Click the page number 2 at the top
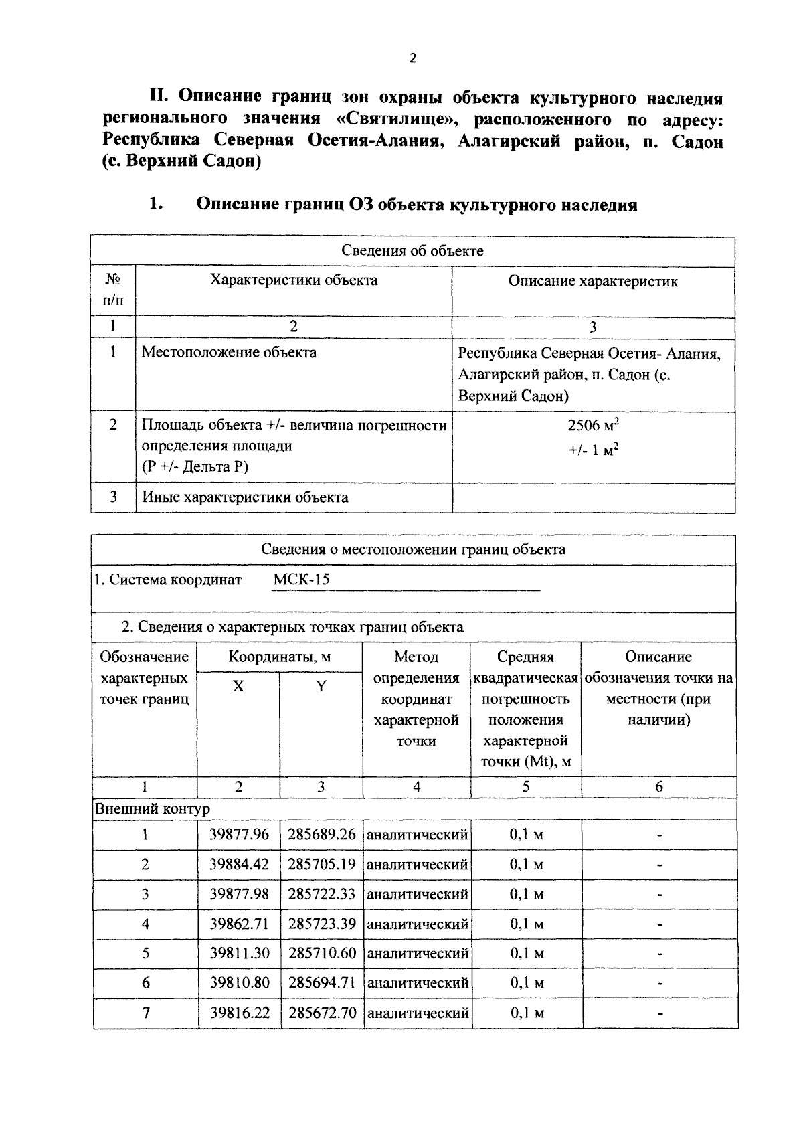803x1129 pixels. click(x=412, y=58)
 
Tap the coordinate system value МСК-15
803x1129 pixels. click(x=301, y=580)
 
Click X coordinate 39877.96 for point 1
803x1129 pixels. click(x=239, y=835)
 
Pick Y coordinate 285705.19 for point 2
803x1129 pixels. click(x=321, y=864)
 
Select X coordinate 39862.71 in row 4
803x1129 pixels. click(x=239, y=924)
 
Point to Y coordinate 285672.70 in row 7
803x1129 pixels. click(x=322, y=1013)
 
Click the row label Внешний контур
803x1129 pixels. click(x=153, y=809)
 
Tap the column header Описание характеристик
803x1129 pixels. click(x=593, y=281)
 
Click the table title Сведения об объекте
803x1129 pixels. click(x=412, y=251)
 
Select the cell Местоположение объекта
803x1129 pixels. click(x=229, y=352)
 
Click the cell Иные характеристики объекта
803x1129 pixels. click(x=245, y=497)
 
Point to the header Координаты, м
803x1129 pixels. click(x=279, y=657)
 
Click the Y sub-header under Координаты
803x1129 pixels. click(x=321, y=686)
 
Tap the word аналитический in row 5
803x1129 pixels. click(x=418, y=953)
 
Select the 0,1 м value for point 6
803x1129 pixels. click(x=526, y=983)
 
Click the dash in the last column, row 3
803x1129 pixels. click(x=659, y=895)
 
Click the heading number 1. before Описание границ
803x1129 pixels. click(x=156, y=205)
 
